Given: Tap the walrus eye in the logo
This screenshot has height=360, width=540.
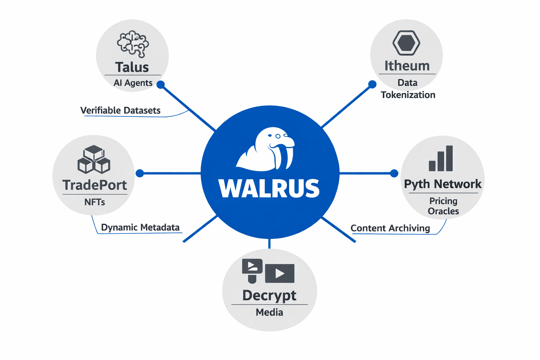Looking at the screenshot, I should [x=278, y=136].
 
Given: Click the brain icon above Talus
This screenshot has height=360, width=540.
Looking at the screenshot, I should [x=133, y=44].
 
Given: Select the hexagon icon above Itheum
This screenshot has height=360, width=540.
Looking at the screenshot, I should [x=406, y=43].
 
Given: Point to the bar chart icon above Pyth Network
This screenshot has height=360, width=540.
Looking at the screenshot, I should [x=441, y=159].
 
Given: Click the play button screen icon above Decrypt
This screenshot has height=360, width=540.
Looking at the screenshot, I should [x=279, y=273].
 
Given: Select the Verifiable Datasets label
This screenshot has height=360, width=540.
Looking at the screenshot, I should [x=120, y=110].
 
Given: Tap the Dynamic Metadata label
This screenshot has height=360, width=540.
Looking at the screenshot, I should [x=140, y=227].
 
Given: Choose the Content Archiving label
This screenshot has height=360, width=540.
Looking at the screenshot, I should [x=390, y=228].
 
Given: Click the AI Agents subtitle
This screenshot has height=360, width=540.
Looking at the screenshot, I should [x=133, y=83].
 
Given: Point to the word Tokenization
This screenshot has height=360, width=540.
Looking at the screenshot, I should [x=408, y=95].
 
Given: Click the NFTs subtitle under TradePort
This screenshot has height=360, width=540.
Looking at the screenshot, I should [x=95, y=202].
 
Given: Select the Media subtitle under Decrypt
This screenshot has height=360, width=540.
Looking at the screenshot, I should [x=269, y=312].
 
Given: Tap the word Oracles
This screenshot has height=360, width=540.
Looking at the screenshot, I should [x=443, y=211].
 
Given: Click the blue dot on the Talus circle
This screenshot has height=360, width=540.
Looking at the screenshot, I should [x=161, y=85].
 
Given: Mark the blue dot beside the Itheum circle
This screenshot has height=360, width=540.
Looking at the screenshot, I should [x=372, y=84].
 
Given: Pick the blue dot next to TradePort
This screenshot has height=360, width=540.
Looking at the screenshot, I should [x=140, y=173].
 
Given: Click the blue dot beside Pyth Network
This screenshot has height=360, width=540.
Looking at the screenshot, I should [x=394, y=173].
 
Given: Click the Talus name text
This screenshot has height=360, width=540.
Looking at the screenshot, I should [x=132, y=67].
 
